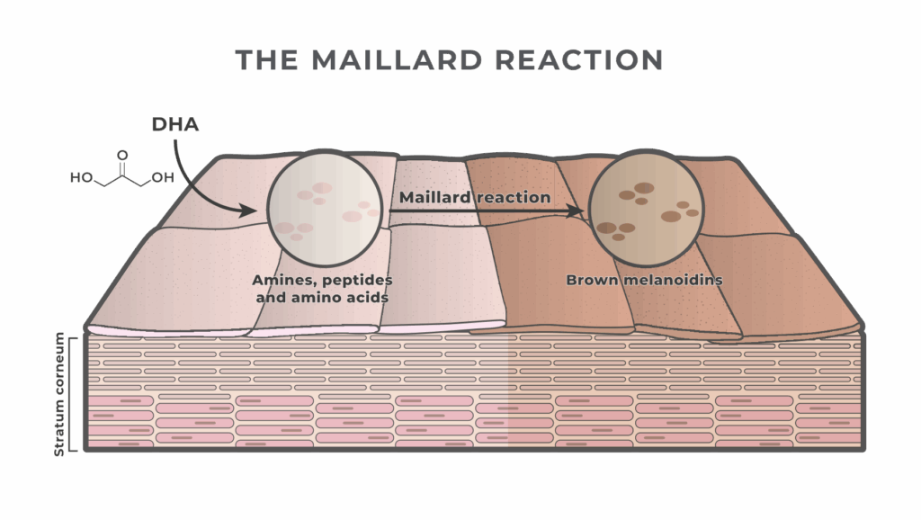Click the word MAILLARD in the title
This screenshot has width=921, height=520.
pyautogui.click(x=398, y=60)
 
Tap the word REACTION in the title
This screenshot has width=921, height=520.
pyautogui.click(x=579, y=60)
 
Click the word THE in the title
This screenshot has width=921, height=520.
pyautogui.click(x=267, y=60)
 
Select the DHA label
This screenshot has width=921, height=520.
pyautogui.click(x=175, y=124)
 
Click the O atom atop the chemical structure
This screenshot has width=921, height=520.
pyautogui.click(x=122, y=155)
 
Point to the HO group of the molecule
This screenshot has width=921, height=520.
pyautogui.click(x=82, y=177)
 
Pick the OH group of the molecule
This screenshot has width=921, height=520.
pyautogui.click(x=163, y=177)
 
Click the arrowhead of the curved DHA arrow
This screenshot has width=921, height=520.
pyautogui.click(x=250, y=210)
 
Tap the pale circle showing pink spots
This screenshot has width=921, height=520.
pyautogui.click(x=325, y=209)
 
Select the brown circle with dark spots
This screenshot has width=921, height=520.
pyautogui.click(x=646, y=209)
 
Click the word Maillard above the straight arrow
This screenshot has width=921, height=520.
pyautogui.click(x=434, y=197)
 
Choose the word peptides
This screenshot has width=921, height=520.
pyautogui.click(x=357, y=281)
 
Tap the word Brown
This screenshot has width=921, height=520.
pyautogui.click(x=592, y=280)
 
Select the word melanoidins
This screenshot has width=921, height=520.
pyautogui.click(x=673, y=280)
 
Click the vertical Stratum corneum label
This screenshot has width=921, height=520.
pyautogui.click(x=58, y=394)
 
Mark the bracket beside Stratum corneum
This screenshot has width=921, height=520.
pyautogui.click(x=71, y=395)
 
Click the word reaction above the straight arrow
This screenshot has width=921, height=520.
pyautogui.click(x=513, y=197)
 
